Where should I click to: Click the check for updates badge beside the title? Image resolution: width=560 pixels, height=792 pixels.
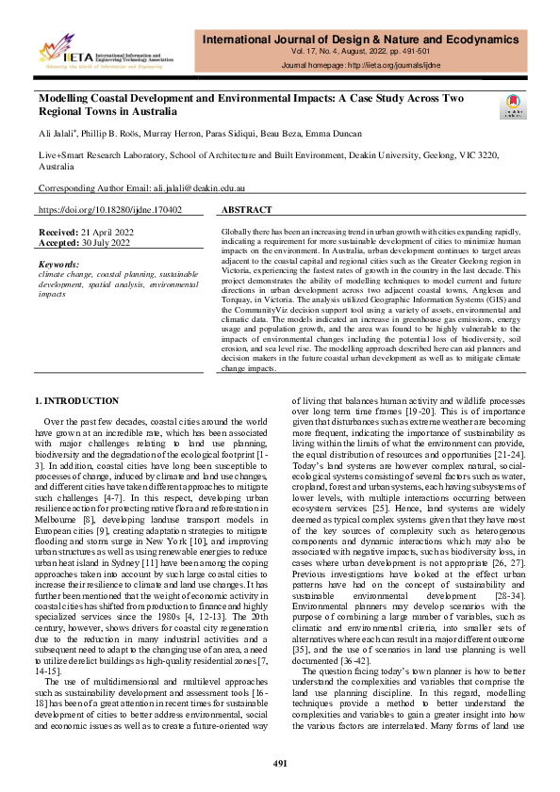515,105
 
